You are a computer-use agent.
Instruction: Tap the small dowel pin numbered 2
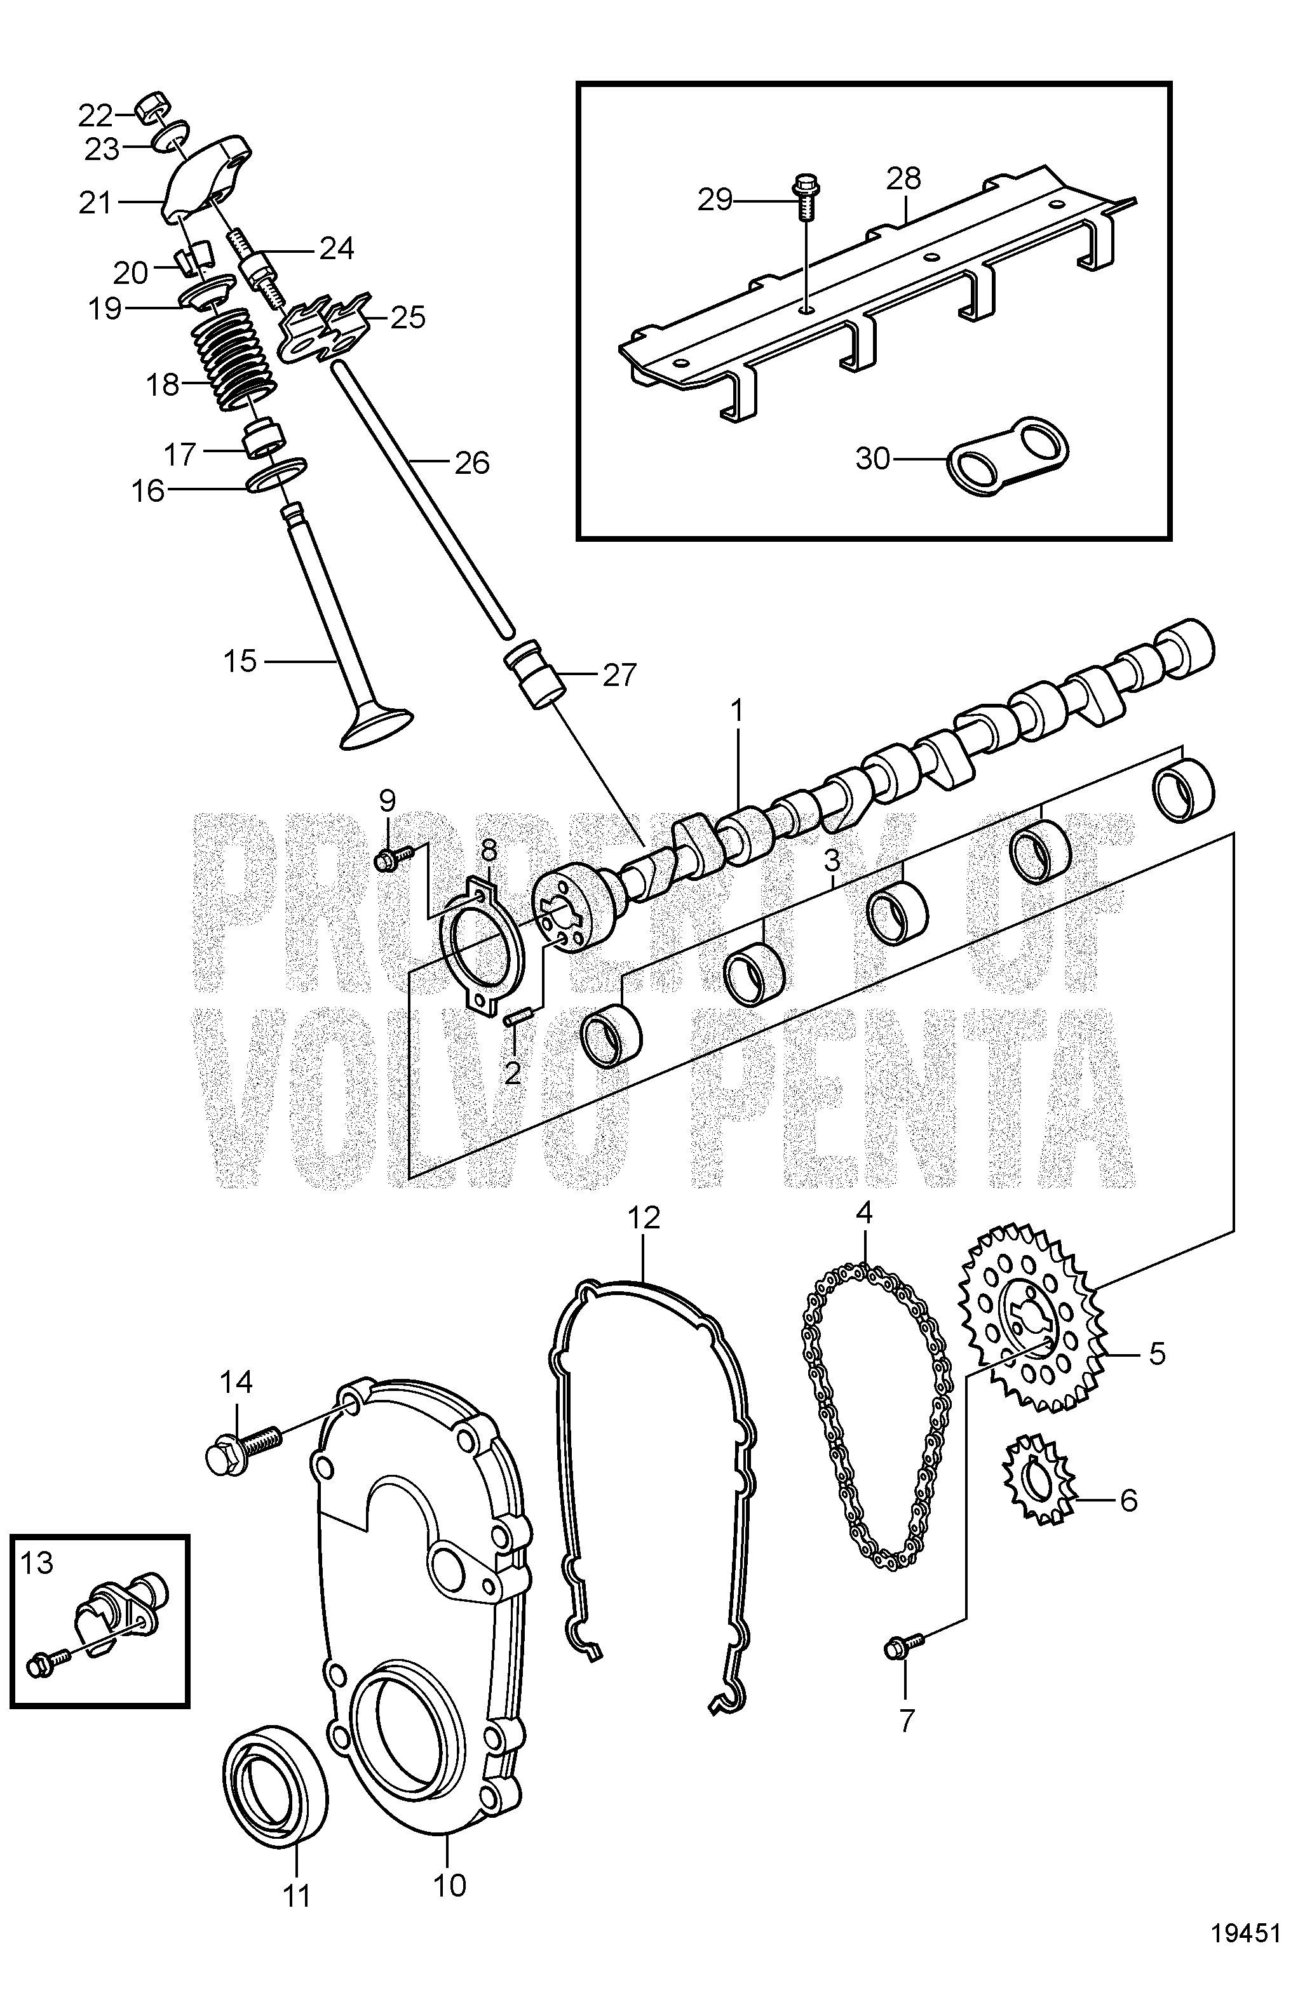coord(511,1019)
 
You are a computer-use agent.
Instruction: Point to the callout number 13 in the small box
coord(37,1563)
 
